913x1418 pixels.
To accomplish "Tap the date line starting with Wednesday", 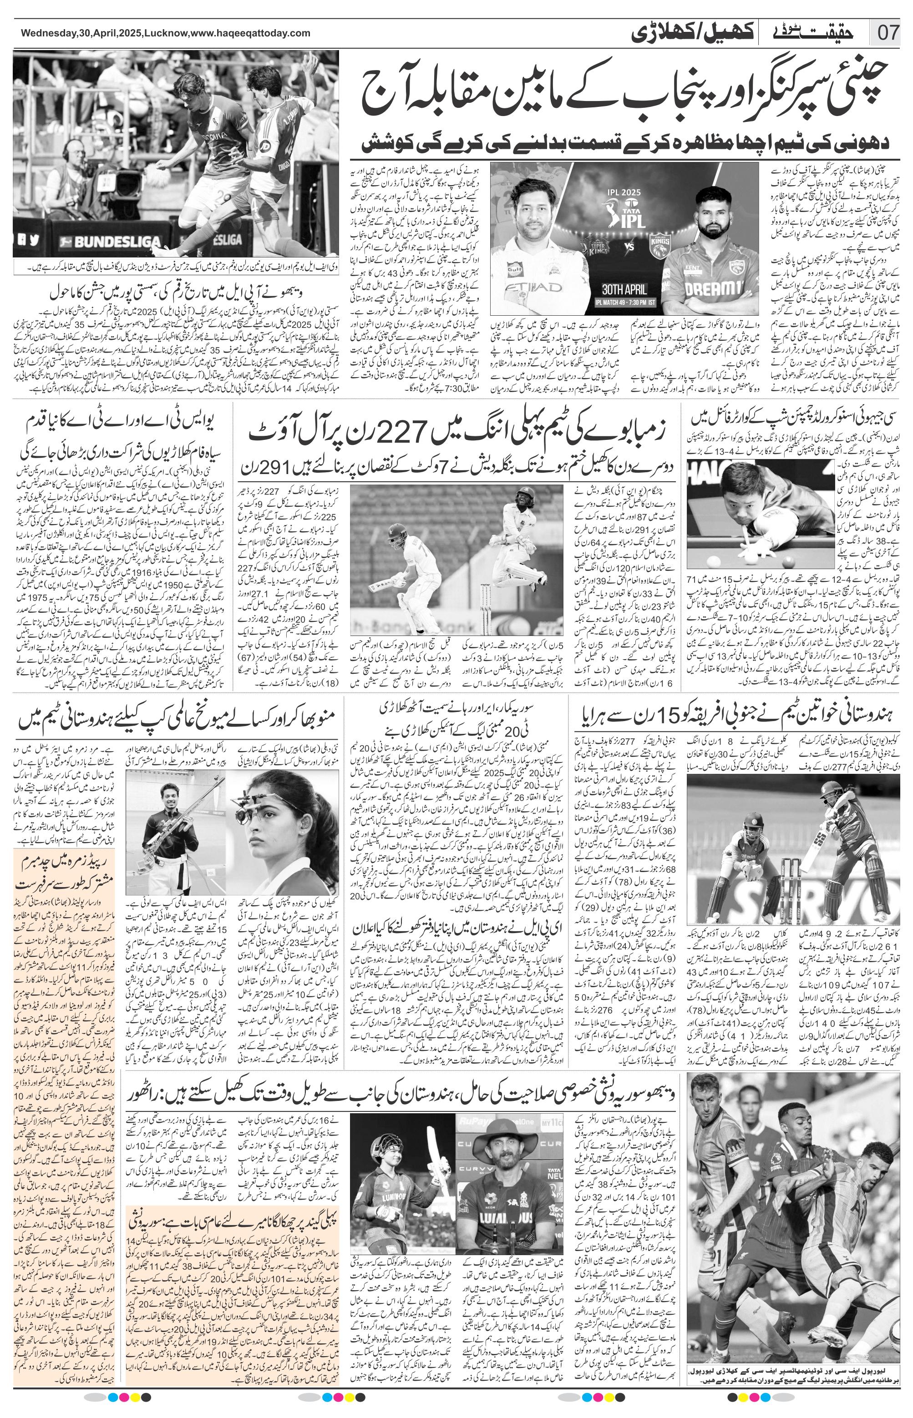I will click(x=165, y=33).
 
